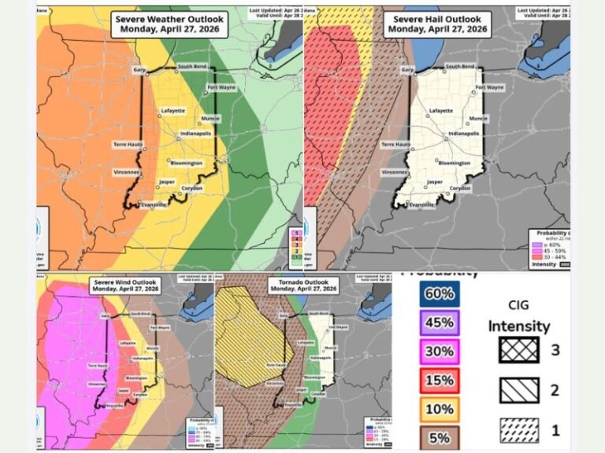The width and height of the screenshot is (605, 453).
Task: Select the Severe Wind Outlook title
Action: coord(126,285)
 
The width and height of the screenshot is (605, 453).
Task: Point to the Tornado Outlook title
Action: coord(302,285)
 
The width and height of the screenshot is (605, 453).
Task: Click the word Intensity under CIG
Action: coord(518,325)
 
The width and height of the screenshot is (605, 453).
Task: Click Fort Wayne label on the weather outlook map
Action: coord(223,87)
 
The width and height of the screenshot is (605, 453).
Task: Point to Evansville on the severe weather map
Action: coord(154,204)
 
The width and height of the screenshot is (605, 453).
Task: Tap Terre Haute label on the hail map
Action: coord(396,145)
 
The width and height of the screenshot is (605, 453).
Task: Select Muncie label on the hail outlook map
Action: coord(478,119)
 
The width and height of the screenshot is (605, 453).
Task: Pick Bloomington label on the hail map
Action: coord(453,164)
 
